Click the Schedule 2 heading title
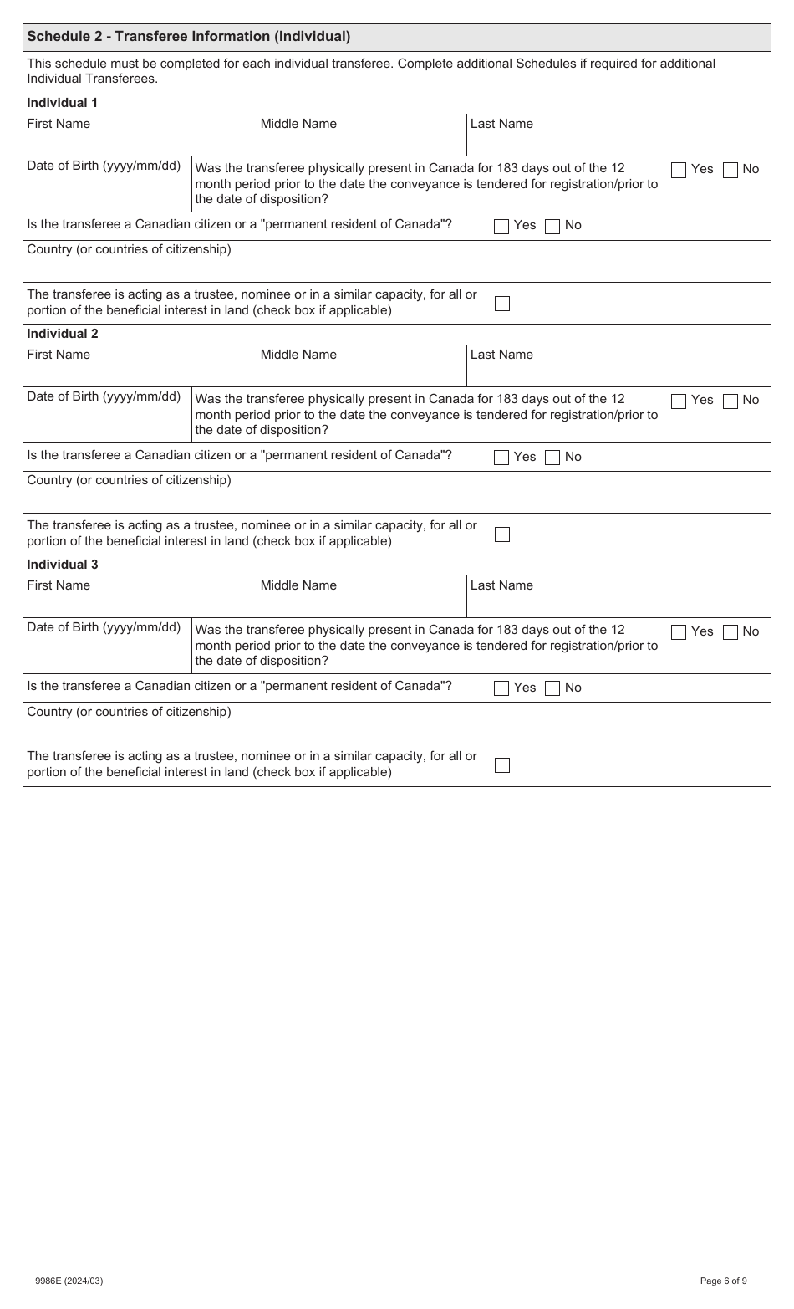point(188,37)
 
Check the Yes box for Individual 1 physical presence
point(679,170)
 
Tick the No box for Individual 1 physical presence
point(730,170)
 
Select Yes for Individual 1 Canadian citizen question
point(501,226)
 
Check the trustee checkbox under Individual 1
point(502,304)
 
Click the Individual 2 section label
point(63,334)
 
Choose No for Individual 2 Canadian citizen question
point(552,458)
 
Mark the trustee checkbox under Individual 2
point(502,534)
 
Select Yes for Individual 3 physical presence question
point(679,632)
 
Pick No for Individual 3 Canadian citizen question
point(552,688)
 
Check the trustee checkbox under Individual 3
point(502,765)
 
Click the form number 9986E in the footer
point(69,1281)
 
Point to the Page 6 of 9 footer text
point(723,1281)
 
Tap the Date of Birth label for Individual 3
point(104,627)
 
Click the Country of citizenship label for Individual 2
point(129,480)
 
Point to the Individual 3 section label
point(63,565)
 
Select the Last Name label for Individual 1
point(501,124)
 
